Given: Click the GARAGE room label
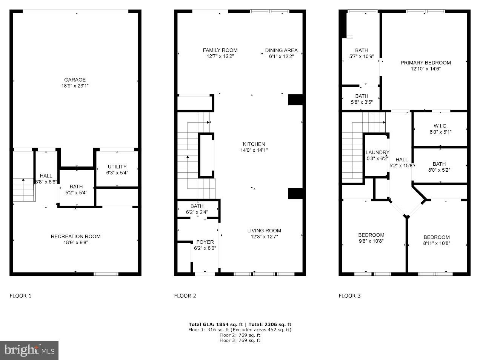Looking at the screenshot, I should pyautogui.click(x=75, y=80).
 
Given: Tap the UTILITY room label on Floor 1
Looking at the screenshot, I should pyautogui.click(x=117, y=166).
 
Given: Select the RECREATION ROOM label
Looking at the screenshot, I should pyautogui.click(x=75, y=236).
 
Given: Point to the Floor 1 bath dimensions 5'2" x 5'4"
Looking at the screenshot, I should pyautogui.click(x=76, y=192).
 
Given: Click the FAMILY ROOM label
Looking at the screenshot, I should pyautogui.click(x=220, y=50).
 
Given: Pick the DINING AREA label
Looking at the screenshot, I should pyautogui.click(x=281, y=50).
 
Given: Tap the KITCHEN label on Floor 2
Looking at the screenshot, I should pyautogui.click(x=254, y=144).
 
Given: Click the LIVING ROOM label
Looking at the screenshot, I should pyautogui.click(x=264, y=231).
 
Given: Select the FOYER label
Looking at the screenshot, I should pyautogui.click(x=205, y=242).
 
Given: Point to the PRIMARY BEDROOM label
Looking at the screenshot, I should pyautogui.click(x=426, y=63).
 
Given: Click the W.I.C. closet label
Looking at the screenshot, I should pyautogui.click(x=440, y=126).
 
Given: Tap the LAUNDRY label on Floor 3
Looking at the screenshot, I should pyautogui.click(x=377, y=152).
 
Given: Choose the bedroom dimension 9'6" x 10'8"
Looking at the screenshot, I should pyautogui.click(x=371, y=241).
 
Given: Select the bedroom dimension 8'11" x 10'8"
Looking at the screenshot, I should pyautogui.click(x=437, y=243).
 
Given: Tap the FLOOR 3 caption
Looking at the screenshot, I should pyautogui.click(x=349, y=296).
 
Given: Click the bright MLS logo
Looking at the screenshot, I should pyautogui.click(x=29, y=350).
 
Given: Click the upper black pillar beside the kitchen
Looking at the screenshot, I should pyautogui.click(x=295, y=100).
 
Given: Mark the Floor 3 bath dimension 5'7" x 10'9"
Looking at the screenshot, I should pyautogui.click(x=361, y=56).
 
